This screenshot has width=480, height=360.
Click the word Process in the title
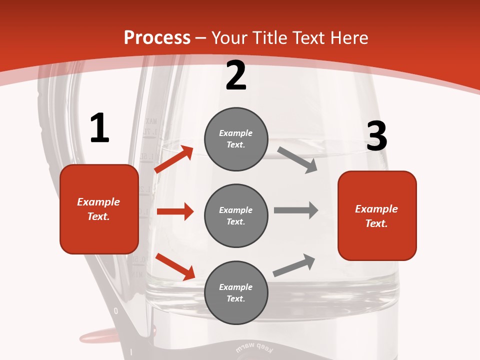click(x=157, y=38)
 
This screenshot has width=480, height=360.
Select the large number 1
click(x=99, y=128)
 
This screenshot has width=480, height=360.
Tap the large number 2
click(x=236, y=75)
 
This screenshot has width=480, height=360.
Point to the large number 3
click(x=376, y=136)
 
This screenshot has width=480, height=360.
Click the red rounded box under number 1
click(x=99, y=209)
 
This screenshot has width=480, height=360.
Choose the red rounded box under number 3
click(x=377, y=215)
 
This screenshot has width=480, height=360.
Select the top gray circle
click(x=236, y=139)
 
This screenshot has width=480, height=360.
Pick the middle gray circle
click(x=236, y=215)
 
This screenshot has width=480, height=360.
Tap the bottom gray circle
click(x=236, y=292)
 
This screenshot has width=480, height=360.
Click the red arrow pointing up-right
click(x=174, y=159)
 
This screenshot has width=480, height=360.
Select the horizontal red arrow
click(x=175, y=211)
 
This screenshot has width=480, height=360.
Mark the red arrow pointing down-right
click(x=175, y=266)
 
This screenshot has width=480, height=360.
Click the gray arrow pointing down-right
click(x=297, y=160)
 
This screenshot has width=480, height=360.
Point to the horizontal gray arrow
click(x=296, y=210)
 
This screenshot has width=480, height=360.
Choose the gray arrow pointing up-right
click(x=294, y=265)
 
